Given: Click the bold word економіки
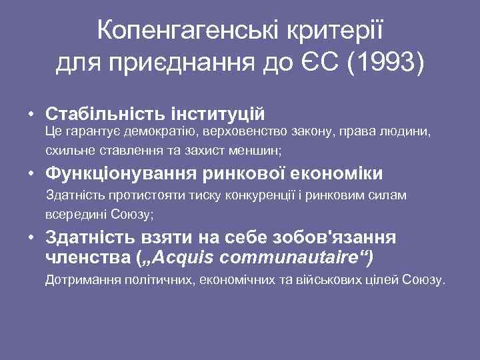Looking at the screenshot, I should [337, 174].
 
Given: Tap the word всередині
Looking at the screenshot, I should [73, 215].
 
